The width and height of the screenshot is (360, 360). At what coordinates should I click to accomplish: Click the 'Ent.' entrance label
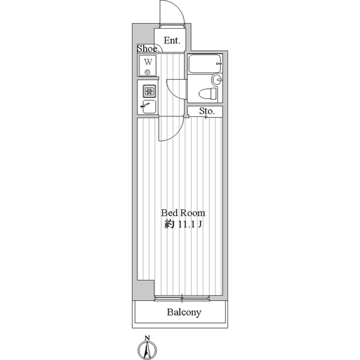(172, 40)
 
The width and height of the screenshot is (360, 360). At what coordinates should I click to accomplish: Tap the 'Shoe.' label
(146, 49)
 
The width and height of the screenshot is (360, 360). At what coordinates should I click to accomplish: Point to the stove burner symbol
(149, 90)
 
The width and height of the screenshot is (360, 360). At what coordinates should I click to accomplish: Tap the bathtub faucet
(219, 65)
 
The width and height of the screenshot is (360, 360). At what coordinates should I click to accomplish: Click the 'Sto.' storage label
(206, 111)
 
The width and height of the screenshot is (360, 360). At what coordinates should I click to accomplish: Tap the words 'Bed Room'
(183, 213)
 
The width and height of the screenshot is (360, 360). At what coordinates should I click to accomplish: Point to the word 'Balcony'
(183, 313)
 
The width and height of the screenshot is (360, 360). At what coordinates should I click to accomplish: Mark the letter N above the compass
(147, 338)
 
